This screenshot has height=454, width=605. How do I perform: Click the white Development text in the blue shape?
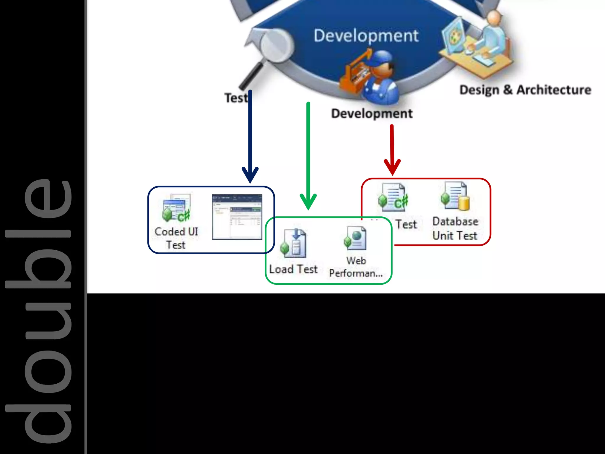(366, 36)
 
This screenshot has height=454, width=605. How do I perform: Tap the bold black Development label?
(372, 113)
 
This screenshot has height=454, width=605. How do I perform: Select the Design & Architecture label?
(525, 90)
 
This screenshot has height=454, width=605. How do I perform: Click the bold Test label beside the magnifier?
(236, 98)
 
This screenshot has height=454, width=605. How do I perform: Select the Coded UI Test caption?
(176, 238)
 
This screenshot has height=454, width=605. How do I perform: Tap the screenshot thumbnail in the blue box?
(237, 217)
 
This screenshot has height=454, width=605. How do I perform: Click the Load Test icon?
(294, 243)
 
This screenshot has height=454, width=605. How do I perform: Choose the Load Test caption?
(293, 269)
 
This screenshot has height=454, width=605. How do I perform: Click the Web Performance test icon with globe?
(355, 238)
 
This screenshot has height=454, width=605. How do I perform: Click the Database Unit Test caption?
(455, 228)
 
